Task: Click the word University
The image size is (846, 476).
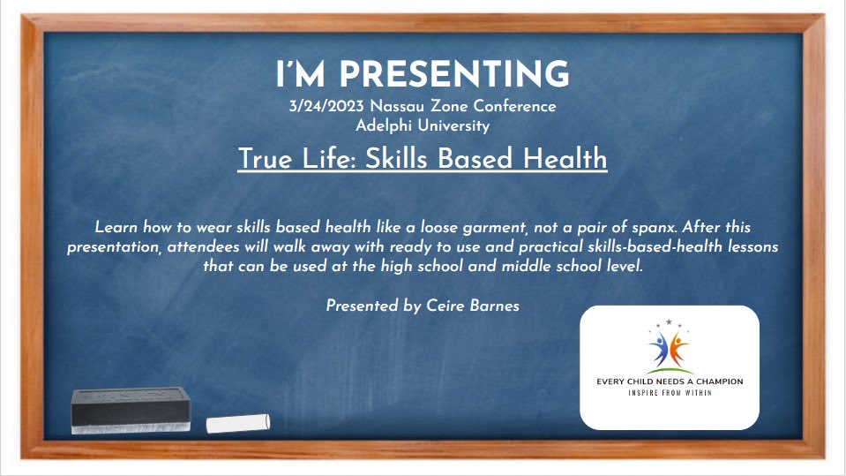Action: tap(454, 125)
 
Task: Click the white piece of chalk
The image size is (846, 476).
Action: tap(236, 424)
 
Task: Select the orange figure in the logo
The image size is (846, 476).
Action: tap(678, 346)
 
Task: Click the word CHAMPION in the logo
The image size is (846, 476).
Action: tap(714, 382)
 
